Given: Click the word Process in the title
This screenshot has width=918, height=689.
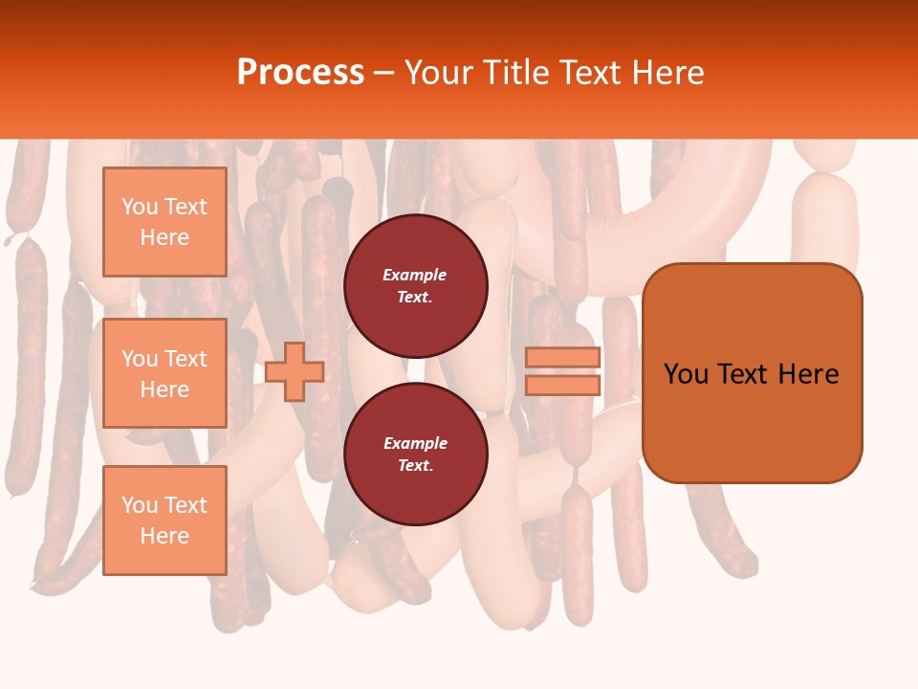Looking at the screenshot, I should [x=300, y=73].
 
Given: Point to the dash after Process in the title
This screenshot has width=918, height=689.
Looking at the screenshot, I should [x=383, y=75].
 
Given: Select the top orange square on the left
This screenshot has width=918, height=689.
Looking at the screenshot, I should [x=164, y=222].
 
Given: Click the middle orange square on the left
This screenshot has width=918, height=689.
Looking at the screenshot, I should [x=164, y=373].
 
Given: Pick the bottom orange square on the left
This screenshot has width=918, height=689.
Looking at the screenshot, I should [x=164, y=521].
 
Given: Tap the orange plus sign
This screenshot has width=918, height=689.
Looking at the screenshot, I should [x=295, y=371].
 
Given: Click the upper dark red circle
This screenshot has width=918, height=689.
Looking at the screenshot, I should [x=415, y=286].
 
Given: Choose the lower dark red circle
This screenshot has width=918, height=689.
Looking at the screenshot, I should [x=415, y=455].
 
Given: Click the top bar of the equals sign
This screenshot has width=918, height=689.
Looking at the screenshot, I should [x=562, y=358].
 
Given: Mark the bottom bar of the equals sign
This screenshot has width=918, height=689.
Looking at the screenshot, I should [x=562, y=386].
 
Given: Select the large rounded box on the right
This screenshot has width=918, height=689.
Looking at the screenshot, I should [x=752, y=373].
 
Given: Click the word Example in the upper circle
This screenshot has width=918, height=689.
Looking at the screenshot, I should [x=415, y=275].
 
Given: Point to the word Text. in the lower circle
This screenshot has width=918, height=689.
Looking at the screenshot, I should [x=415, y=466].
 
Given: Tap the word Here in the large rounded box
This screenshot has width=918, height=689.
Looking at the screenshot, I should [x=808, y=374].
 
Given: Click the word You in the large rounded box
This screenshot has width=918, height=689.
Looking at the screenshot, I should [x=686, y=374].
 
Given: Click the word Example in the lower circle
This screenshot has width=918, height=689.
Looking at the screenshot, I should [x=415, y=443].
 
